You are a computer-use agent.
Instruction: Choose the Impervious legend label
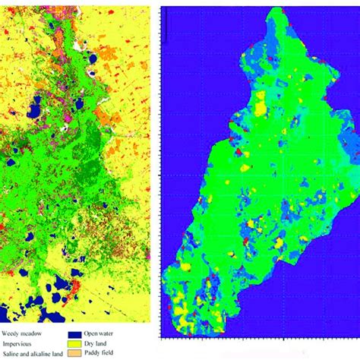[19, 343]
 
